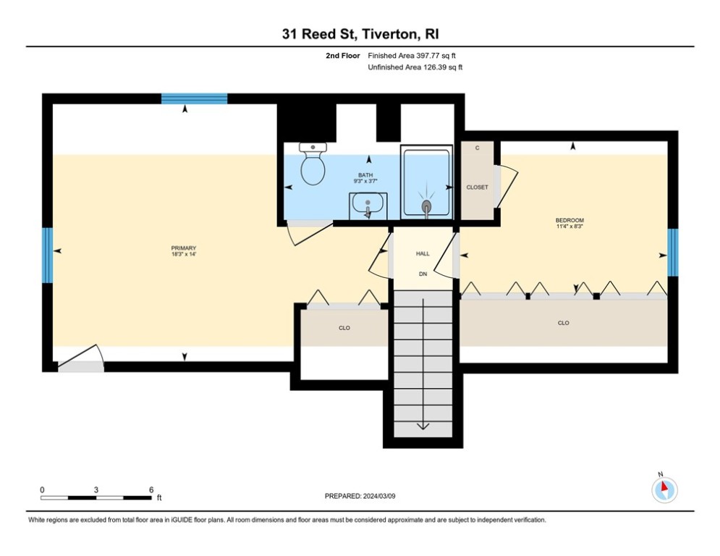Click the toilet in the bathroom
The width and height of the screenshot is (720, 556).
click(x=313, y=164)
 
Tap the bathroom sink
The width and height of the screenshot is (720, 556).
click(x=368, y=206)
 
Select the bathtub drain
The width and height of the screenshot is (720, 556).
click(x=427, y=206)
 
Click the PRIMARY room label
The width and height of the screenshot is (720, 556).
click(x=184, y=248)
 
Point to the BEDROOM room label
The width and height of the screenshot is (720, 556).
click(x=569, y=221)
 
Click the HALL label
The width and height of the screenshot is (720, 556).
click(x=423, y=253)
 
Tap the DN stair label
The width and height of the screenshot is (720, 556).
click(x=423, y=274)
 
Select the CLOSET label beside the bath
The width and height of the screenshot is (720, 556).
click(x=477, y=188)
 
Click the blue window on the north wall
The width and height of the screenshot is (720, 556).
click(x=194, y=98)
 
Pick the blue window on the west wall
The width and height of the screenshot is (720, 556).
click(x=47, y=256)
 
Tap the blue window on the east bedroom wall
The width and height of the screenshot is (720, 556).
click(x=673, y=253)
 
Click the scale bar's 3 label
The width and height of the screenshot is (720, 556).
click(x=96, y=490)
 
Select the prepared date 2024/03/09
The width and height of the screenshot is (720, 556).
click(x=379, y=496)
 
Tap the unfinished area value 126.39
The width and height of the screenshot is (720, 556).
click(x=435, y=67)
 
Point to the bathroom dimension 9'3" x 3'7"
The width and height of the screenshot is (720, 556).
click(x=365, y=181)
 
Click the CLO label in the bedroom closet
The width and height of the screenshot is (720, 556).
click(x=564, y=323)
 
